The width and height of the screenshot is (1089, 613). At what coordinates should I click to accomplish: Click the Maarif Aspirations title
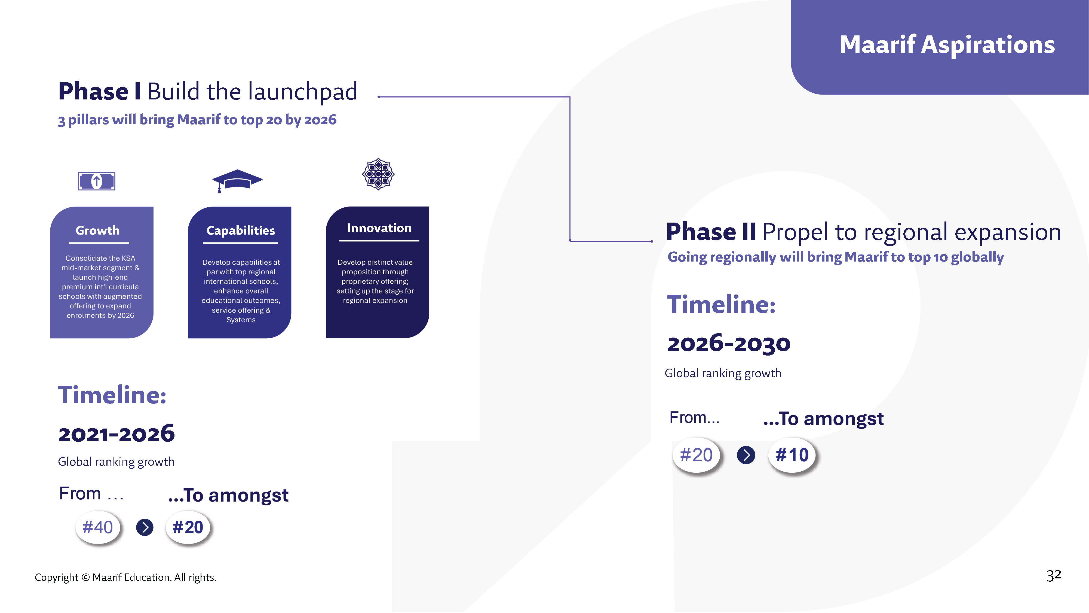coord(947,45)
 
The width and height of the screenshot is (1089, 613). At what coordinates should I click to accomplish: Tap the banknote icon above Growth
coord(97,181)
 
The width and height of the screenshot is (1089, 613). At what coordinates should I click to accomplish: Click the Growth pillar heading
coord(98,230)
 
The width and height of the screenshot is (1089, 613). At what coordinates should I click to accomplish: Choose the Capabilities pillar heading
coord(241,230)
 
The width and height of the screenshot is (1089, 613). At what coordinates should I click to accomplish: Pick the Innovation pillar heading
coord(379,228)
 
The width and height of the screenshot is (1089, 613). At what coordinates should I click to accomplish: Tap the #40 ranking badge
coord(98,527)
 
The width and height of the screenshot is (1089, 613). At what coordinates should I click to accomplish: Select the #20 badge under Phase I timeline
coord(188,527)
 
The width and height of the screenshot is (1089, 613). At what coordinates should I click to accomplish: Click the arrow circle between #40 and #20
coord(145,527)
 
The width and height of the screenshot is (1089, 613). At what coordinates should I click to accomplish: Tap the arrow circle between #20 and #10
coord(746,455)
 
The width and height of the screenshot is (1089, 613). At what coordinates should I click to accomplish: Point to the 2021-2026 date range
coord(116,434)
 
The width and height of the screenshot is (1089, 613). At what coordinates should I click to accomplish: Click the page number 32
coord(1054,575)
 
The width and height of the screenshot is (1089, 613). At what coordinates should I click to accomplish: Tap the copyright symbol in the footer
coord(85,578)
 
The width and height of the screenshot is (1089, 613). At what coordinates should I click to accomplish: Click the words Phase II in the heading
coord(711,232)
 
